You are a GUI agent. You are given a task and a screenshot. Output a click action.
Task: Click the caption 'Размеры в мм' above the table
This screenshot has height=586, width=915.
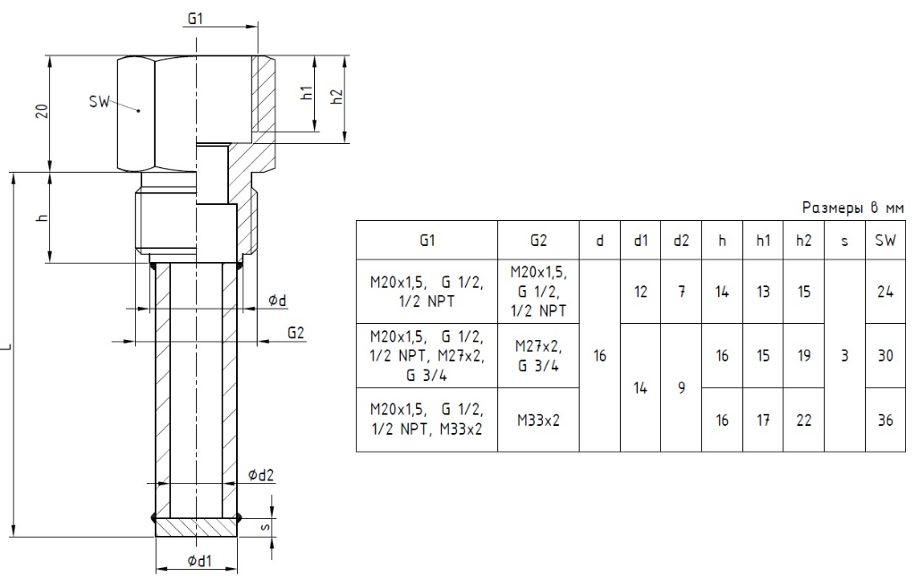click(x=852, y=208)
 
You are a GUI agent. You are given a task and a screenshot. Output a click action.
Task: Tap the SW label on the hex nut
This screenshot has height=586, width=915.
click(x=99, y=102)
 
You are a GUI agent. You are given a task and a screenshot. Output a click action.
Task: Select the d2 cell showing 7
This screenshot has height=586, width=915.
click(x=681, y=292)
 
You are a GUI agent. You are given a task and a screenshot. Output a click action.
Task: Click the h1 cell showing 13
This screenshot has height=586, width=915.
click(x=763, y=292)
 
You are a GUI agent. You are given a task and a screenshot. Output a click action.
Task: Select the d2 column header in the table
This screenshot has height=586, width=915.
click(x=681, y=240)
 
